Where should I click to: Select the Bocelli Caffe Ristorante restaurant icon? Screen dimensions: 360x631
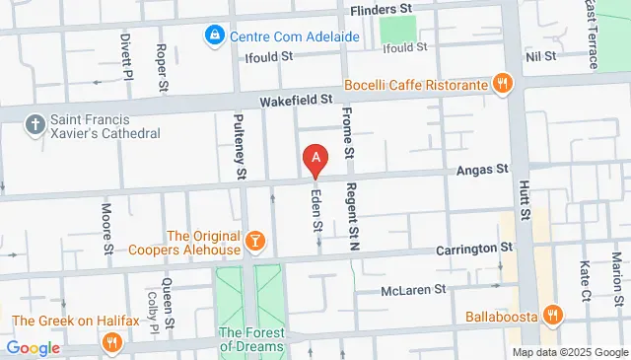tap(503, 85)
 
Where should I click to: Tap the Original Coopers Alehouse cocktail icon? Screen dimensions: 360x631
tap(253, 242)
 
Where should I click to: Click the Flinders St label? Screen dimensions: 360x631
tap(381, 9)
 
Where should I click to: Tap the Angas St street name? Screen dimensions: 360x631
tap(481, 170)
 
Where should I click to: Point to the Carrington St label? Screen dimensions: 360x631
tap(477, 248)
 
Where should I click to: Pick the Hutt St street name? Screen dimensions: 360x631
tap(526, 227)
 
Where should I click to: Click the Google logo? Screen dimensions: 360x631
tap(34, 347)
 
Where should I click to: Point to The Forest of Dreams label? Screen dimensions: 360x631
tap(250, 339)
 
